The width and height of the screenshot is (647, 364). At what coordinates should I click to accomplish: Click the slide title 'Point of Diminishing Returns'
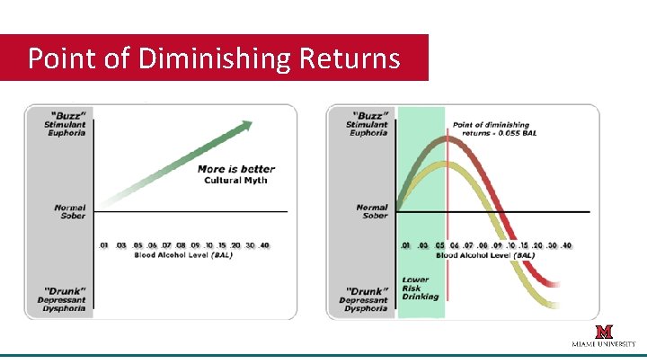214,58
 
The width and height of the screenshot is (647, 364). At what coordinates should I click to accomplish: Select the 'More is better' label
236,169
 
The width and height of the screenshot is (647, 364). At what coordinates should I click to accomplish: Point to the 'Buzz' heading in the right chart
369,115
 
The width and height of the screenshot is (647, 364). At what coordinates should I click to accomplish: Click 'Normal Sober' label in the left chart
69,213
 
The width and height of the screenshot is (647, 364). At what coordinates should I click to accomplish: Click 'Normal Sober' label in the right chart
371,213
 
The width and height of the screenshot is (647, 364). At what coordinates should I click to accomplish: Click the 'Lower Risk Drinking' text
421,288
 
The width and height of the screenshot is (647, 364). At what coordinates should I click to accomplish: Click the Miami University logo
604,336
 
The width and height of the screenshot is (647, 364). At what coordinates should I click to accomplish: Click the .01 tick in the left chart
103,245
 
